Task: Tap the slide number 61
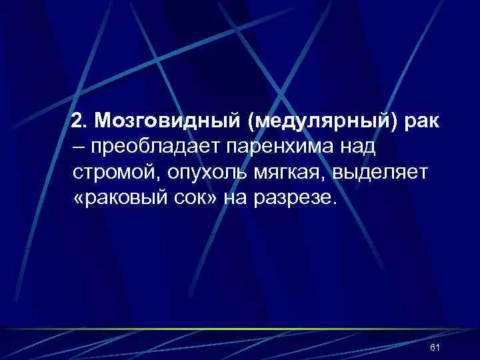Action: click(x=435, y=348)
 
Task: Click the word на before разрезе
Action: click(x=239, y=199)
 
